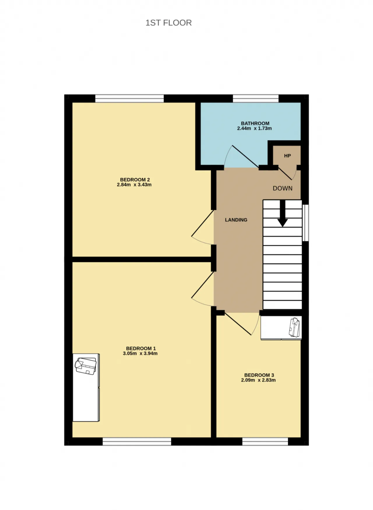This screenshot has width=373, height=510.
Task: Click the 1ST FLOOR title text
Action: [x=168, y=23]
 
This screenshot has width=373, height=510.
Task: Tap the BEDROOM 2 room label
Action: [x=135, y=180]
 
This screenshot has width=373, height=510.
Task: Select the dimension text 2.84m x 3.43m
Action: [x=134, y=185]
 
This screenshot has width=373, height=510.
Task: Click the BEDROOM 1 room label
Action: [x=141, y=348]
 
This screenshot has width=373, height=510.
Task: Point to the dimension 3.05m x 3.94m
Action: [x=140, y=353]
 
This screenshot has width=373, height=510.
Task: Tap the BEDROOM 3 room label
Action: [x=259, y=375]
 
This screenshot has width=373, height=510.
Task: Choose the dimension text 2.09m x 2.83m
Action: [x=258, y=380]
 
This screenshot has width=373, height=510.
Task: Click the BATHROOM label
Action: [x=255, y=123]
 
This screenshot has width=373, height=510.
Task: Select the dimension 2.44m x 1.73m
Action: [x=254, y=128]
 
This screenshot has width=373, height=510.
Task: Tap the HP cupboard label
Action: [x=287, y=156]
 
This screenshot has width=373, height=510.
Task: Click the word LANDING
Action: [x=236, y=220]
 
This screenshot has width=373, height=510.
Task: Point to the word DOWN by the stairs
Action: [x=283, y=188]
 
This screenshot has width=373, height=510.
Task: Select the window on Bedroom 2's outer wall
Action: [x=130, y=98]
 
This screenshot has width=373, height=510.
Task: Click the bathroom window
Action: [x=256, y=98]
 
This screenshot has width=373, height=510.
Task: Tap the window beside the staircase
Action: [x=305, y=223]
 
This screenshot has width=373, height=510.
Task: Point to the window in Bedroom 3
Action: [x=265, y=441]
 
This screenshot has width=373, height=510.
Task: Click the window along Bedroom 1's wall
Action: [x=137, y=441]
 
